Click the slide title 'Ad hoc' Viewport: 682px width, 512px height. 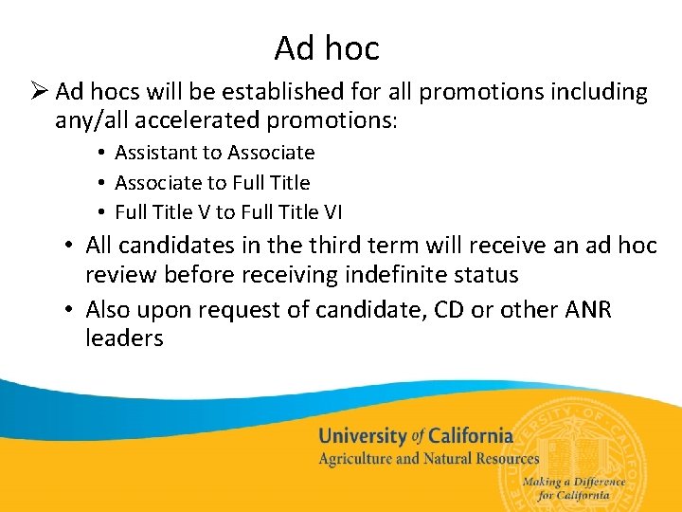point(327,47)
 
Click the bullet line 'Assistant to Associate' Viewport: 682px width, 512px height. point(214,153)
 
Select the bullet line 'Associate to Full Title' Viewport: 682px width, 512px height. point(212,182)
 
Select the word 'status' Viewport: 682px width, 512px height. point(486,275)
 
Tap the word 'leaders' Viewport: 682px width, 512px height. point(124,338)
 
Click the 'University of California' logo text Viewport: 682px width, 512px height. point(415,437)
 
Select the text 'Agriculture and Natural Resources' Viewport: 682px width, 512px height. point(428,460)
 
